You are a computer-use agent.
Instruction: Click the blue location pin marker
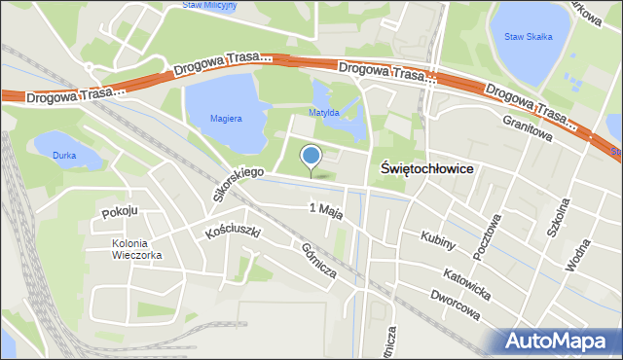tap(311, 158)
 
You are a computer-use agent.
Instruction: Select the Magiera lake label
tap(224, 119)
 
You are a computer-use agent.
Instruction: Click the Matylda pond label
tap(323, 113)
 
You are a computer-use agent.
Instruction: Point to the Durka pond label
tap(64, 155)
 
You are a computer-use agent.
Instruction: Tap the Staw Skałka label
tap(529, 37)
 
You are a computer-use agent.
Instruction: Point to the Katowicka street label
tap(463, 279)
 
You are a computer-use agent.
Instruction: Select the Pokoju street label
tap(121, 212)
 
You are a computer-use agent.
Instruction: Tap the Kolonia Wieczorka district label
tap(136, 249)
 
